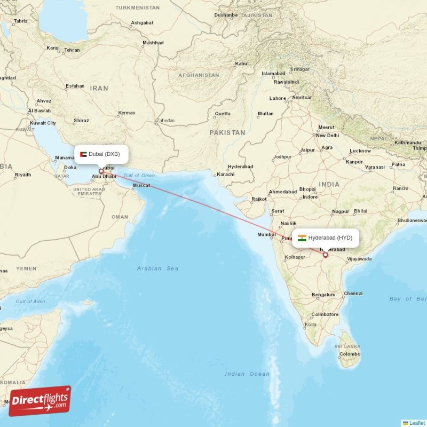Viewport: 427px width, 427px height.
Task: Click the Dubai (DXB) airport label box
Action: coord(101,154)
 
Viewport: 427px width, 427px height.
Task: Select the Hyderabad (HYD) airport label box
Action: coord(325,238)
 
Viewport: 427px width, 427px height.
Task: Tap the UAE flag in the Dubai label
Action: coord(83,154)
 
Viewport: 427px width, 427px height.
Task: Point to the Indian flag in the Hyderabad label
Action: coord(302,238)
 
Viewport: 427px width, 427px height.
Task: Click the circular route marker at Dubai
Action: coord(101,171)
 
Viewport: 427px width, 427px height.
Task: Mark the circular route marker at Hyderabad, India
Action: coord(325,255)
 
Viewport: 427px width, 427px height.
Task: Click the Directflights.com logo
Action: coord(39,401)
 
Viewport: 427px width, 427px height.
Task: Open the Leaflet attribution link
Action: coord(416,423)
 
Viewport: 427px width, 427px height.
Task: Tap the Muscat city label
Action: coord(141,185)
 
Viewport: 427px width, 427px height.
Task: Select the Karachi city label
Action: coord(226,175)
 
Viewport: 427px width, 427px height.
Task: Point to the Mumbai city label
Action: coord(266,234)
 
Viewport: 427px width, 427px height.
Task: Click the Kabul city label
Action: coord(242,64)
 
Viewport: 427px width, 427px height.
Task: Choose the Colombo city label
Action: coord(350,354)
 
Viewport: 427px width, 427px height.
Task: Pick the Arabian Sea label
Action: coord(157,268)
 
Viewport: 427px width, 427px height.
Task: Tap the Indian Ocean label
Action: coord(247,374)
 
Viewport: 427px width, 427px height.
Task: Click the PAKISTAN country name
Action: coord(227,132)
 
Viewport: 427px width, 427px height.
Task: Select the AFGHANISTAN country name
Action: coord(199,75)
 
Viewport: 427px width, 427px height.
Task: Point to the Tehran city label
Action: coord(72,50)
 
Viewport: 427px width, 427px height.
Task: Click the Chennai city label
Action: coord(353,294)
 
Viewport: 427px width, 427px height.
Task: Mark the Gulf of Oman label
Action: coord(139,176)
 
